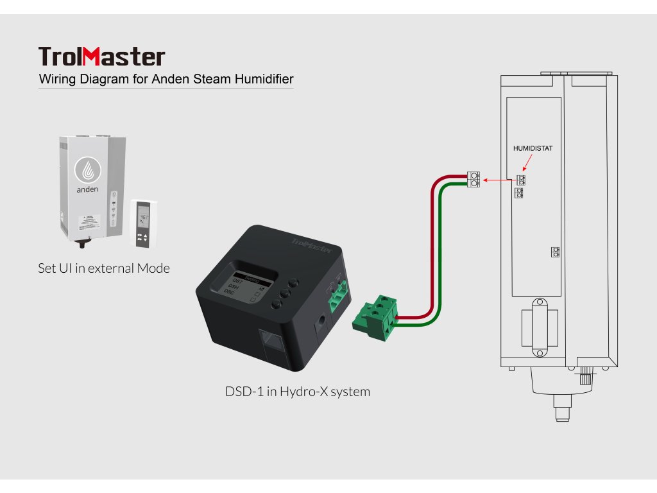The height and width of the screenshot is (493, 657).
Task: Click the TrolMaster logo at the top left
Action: click(x=101, y=56)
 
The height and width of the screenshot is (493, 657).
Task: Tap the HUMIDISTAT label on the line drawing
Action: click(x=533, y=148)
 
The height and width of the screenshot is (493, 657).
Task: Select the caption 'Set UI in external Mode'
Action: click(x=104, y=268)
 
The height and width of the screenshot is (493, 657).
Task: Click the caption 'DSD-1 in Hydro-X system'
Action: click(x=297, y=391)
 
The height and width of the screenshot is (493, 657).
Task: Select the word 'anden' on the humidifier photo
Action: click(x=87, y=189)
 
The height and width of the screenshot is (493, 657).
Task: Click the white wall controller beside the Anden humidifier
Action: click(x=142, y=223)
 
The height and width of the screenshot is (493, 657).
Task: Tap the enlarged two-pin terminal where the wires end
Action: click(x=474, y=179)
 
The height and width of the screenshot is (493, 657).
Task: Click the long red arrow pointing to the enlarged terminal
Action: click(x=499, y=180)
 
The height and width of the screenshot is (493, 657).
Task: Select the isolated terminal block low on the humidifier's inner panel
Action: click(x=556, y=252)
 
